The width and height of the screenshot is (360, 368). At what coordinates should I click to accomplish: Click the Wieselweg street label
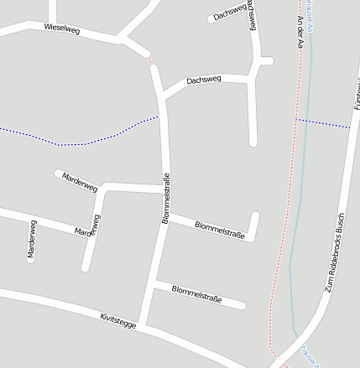(x=61, y=29)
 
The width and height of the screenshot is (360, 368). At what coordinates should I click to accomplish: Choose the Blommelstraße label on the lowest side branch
(x=196, y=293)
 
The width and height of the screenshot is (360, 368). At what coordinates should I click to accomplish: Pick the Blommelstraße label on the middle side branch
(x=219, y=230)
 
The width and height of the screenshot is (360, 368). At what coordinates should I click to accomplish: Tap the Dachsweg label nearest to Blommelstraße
(x=204, y=80)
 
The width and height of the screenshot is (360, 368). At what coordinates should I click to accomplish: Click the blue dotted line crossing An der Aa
(x=323, y=123)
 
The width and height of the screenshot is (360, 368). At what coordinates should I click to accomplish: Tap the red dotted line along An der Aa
(x=285, y=210)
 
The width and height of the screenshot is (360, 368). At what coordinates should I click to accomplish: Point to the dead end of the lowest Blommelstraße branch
(x=243, y=305)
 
